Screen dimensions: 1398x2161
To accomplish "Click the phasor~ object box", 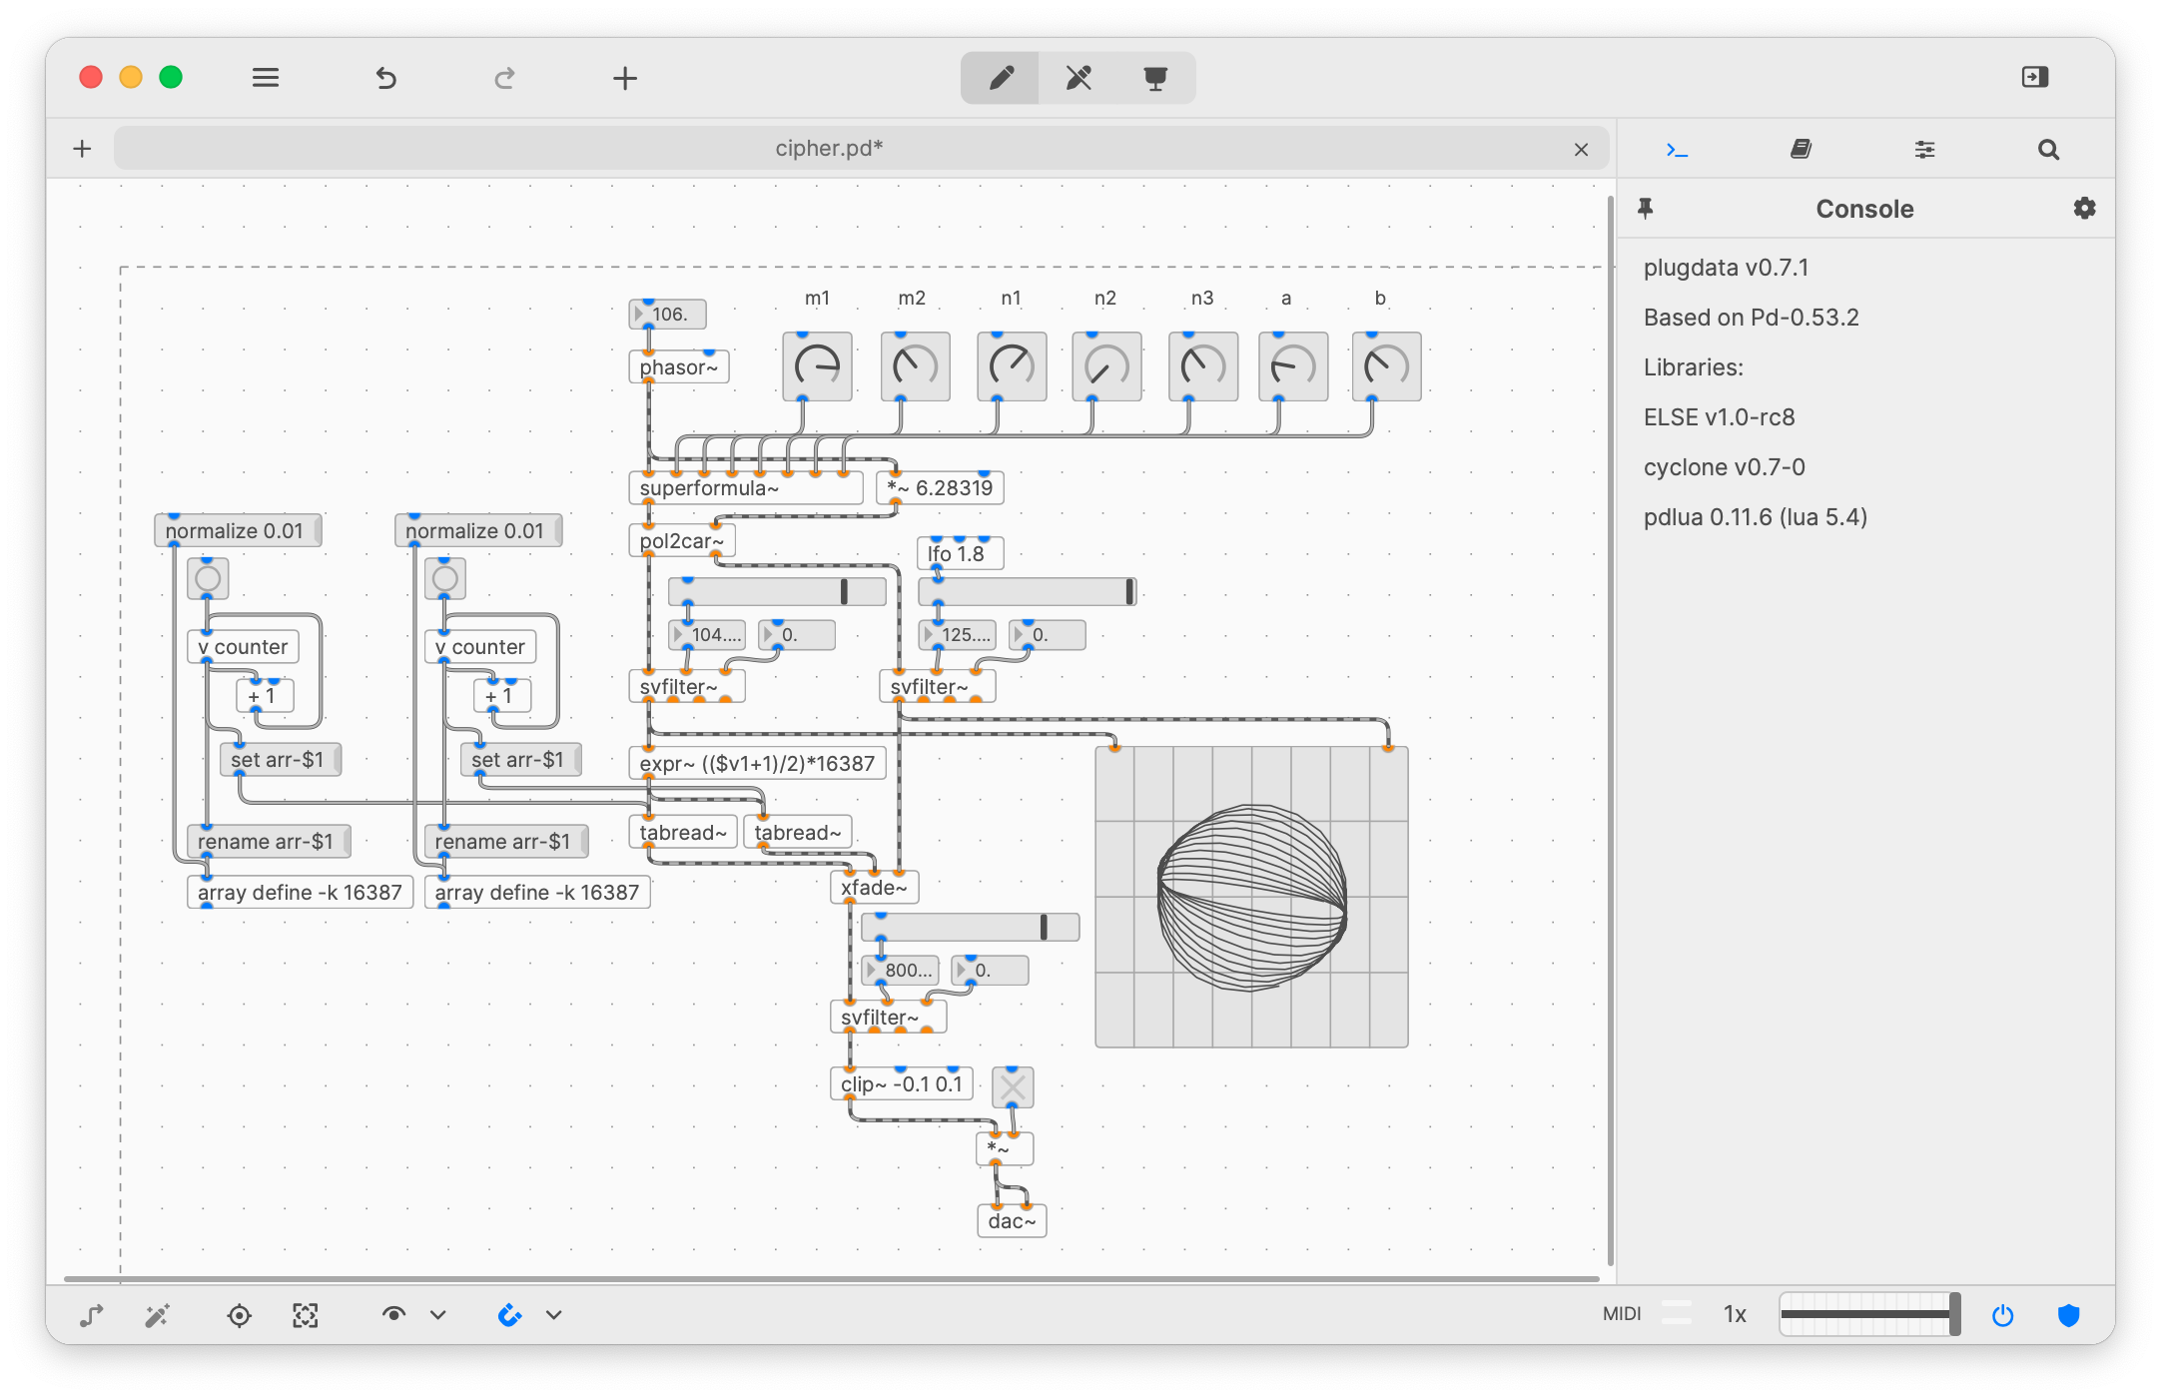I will tap(678, 367).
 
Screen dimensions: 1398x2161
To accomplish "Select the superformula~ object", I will tap(744, 488).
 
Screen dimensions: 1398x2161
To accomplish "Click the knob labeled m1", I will tap(817, 366).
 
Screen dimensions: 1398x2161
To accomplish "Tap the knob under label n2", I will tap(1106, 366).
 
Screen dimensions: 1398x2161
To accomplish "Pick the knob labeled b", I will tap(1386, 366).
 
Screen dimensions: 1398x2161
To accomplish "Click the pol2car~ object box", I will tap(681, 541).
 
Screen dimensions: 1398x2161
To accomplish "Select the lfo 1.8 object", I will tap(959, 553).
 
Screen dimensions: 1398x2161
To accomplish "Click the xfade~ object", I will tap(874, 888).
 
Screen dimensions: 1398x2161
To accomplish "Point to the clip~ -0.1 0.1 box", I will tap(901, 1084).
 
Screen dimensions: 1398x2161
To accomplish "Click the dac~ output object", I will tap(1012, 1221).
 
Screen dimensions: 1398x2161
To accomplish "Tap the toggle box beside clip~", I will tap(1013, 1087).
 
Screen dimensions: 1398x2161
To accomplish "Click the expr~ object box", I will tap(757, 764).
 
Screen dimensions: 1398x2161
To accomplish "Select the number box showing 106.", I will tap(668, 315).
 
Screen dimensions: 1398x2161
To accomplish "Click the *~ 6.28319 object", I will tap(940, 488).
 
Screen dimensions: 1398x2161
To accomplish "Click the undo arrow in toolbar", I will tap(386, 78).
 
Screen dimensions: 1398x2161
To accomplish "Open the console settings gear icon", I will tap(2084, 209).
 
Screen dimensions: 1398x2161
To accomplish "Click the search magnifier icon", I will tap(2048, 150).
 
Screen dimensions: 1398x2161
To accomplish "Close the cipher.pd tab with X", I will tap(1581, 150).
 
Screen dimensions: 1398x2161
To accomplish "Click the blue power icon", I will tap(2002, 1315).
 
